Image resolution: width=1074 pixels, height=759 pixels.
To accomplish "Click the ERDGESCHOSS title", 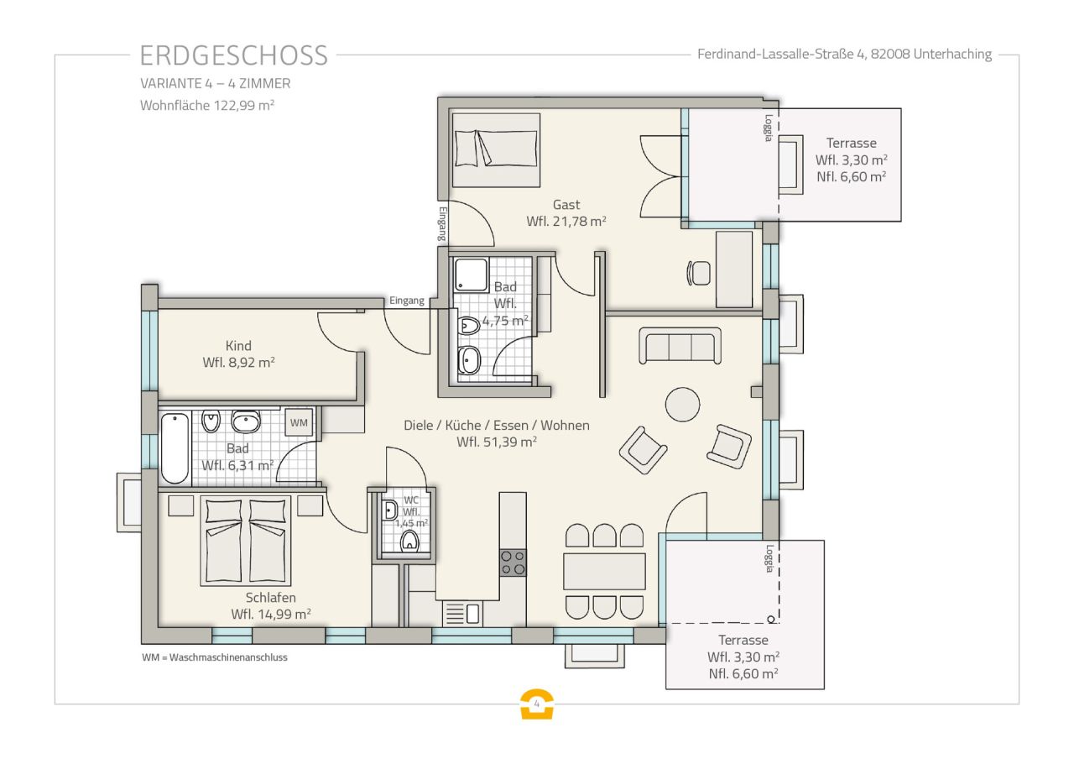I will coord(233,55).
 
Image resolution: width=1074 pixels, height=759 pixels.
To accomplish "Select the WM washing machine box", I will coord(299,423).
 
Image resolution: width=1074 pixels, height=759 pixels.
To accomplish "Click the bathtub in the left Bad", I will coord(175,448).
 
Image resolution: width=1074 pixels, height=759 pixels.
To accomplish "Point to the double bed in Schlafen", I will coord(245,542).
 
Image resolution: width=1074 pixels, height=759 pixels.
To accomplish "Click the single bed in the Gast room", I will coord(496,149).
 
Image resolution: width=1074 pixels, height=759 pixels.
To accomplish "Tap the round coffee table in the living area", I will coord(682,404).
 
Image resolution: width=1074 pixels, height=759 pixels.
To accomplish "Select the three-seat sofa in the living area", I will coord(680,345).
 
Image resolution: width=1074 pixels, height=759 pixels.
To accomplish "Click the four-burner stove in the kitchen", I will coord(513,563).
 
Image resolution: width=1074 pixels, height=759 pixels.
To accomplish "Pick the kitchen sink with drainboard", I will coord(462,614).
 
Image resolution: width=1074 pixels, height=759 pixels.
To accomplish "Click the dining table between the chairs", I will coord(604,571).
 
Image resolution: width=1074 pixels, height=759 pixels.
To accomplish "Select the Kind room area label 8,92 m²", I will coord(239,363).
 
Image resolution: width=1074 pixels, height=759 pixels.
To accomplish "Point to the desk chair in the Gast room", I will coord(698,273).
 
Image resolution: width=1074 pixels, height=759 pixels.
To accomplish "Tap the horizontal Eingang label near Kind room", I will coord(406,301).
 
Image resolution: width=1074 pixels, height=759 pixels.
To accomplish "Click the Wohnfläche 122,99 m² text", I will coord(208,106).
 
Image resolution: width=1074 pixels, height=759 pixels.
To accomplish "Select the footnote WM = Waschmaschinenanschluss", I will coord(215,657).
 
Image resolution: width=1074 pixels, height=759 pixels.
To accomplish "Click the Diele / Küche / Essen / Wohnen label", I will coord(497,426).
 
